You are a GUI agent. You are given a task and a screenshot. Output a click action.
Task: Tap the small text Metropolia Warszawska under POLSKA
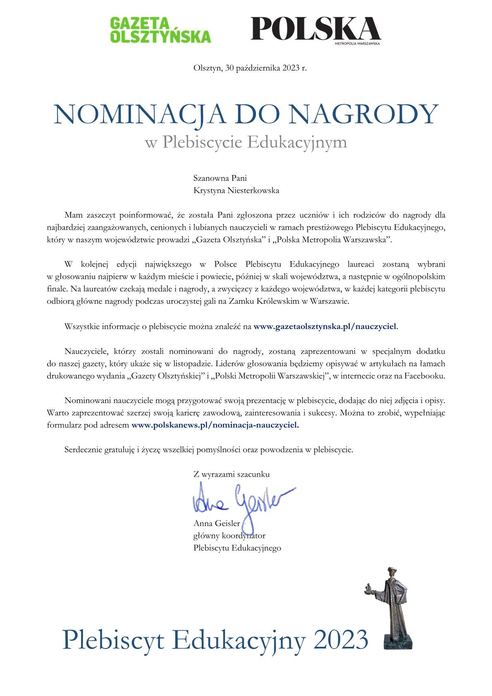357,43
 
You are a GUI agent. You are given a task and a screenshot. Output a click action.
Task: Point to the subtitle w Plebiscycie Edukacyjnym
246,142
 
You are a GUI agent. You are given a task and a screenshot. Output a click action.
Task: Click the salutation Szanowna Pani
220,178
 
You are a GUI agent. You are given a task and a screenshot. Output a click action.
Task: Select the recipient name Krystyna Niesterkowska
236,191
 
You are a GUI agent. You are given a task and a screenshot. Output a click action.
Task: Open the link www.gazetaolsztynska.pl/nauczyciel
325,326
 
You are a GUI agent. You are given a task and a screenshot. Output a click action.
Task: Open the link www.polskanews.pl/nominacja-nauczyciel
215,425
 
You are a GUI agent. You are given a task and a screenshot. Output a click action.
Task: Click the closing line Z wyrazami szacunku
231,474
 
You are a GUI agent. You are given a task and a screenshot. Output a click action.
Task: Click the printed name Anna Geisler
217,523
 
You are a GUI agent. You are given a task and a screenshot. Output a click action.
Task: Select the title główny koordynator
229,536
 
